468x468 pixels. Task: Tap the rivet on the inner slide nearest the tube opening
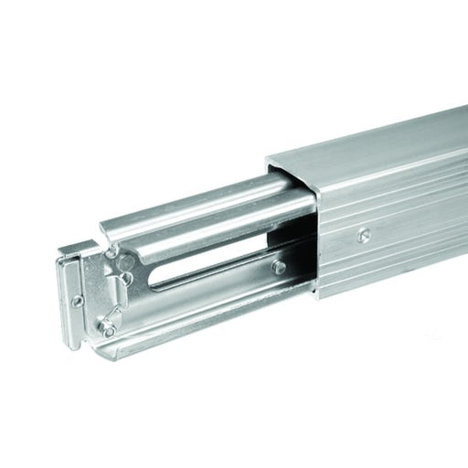click(279, 267)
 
